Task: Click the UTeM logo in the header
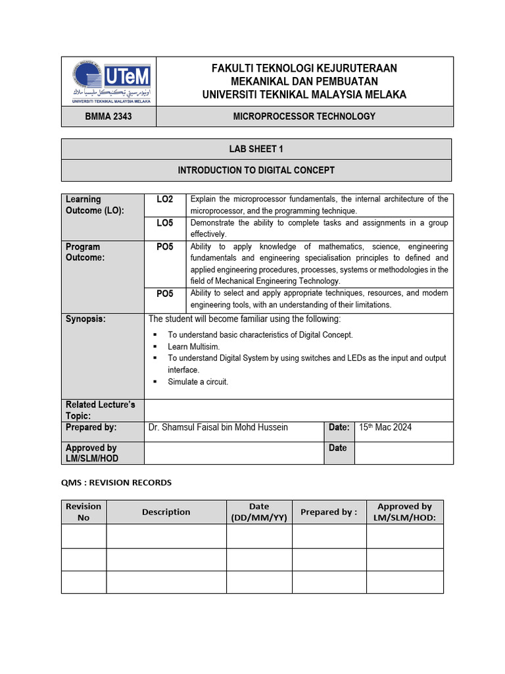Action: [108, 82]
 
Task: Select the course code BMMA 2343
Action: [108, 117]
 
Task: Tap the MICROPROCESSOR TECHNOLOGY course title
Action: [304, 117]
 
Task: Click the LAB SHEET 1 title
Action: [256, 149]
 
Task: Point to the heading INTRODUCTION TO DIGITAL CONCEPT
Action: [256, 170]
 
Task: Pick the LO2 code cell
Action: [164, 199]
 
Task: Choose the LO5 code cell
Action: [164, 223]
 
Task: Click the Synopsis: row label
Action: [85, 319]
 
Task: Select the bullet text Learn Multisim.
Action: [194, 346]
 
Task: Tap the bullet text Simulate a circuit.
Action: [198, 382]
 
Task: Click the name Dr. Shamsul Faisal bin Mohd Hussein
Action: [218, 427]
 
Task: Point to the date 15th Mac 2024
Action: [385, 427]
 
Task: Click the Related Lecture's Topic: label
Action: [100, 410]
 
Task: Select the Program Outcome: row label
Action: [85, 252]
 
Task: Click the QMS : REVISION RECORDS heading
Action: [116, 482]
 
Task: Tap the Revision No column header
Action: [84, 511]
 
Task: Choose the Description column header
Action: [166, 511]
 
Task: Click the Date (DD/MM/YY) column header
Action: [259, 511]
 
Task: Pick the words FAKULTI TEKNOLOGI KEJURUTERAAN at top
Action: [304, 68]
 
